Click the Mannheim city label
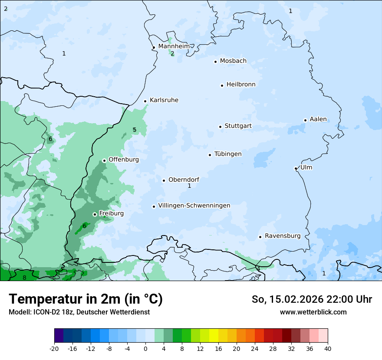[x=174, y=46]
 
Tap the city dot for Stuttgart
[x=220, y=127]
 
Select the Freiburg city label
[x=111, y=213]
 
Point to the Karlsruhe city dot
[x=145, y=101]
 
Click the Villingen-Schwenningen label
[x=194, y=206]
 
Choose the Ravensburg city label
[x=282, y=236]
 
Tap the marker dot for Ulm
[x=296, y=168]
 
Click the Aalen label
[x=318, y=119]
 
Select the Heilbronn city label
[x=241, y=85]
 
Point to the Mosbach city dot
[x=215, y=62]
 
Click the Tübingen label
[x=227, y=154]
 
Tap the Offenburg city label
[x=124, y=160]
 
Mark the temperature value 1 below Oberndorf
[x=189, y=186]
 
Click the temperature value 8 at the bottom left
[x=24, y=278]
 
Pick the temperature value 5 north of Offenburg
[x=135, y=130]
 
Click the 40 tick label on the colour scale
[x=328, y=348]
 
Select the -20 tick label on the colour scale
[x=54, y=348]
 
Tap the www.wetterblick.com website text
[x=313, y=312]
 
